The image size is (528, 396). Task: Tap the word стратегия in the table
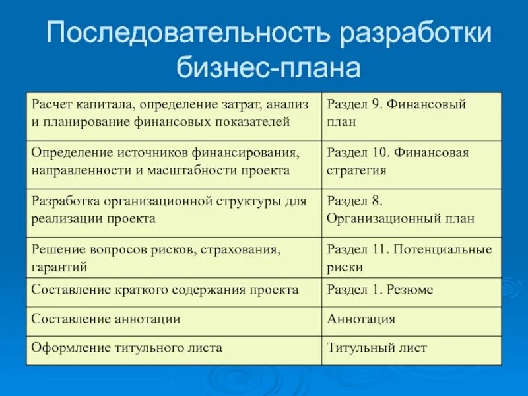[x=356, y=170]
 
